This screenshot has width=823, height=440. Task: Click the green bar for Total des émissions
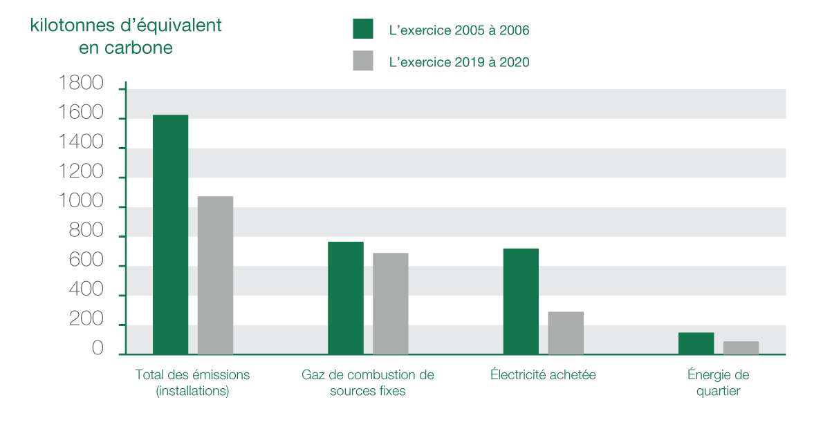(x=170, y=235)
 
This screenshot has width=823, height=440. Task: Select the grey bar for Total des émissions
(x=215, y=276)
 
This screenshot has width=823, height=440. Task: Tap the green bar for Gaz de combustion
(x=345, y=298)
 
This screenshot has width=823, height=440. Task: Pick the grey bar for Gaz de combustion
(x=390, y=304)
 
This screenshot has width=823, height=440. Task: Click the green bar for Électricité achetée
(x=521, y=302)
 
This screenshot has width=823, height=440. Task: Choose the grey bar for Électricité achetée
(x=566, y=333)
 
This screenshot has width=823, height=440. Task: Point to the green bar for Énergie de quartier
(x=696, y=343)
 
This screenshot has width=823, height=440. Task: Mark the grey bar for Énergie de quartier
(x=741, y=347)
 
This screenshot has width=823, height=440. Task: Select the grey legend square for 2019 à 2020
(x=363, y=61)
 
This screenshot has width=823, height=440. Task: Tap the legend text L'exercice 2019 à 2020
(x=459, y=62)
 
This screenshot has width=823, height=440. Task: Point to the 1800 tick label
(x=81, y=84)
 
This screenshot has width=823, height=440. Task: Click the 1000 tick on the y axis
(x=81, y=204)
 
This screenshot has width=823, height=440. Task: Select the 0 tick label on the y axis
(x=97, y=350)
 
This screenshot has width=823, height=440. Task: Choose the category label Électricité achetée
(x=543, y=375)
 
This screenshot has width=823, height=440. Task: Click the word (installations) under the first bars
(x=192, y=391)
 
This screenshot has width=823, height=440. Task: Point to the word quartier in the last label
(x=719, y=391)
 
